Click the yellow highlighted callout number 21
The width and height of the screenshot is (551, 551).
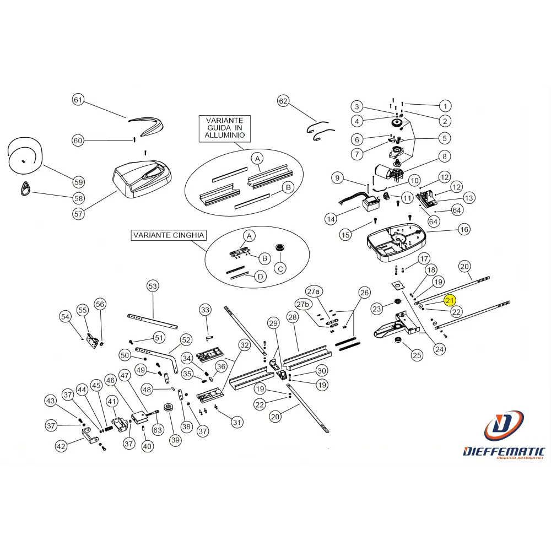pyautogui.click(x=451, y=300)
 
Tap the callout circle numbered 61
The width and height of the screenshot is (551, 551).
pyautogui.click(x=78, y=100)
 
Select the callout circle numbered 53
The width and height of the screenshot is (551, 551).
pyautogui.click(x=153, y=286)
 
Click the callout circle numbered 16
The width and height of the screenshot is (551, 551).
pyautogui.click(x=464, y=229)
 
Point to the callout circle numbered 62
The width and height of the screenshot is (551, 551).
pyautogui.click(x=283, y=101)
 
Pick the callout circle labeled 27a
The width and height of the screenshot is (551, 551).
pyautogui.click(x=314, y=291)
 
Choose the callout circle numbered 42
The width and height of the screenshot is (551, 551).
pyautogui.click(x=61, y=446)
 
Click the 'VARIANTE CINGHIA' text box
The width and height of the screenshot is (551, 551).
pyautogui.click(x=168, y=235)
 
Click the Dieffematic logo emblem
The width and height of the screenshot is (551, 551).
pyautogui.click(x=504, y=426)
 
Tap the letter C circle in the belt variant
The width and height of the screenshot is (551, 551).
pyautogui.click(x=280, y=268)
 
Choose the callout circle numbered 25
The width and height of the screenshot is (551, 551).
pyautogui.click(x=417, y=355)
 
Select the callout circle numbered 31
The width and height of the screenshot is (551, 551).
pyautogui.click(x=237, y=423)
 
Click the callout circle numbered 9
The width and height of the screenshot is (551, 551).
pyautogui.click(x=338, y=178)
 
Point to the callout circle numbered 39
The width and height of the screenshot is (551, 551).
pyautogui.click(x=175, y=439)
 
